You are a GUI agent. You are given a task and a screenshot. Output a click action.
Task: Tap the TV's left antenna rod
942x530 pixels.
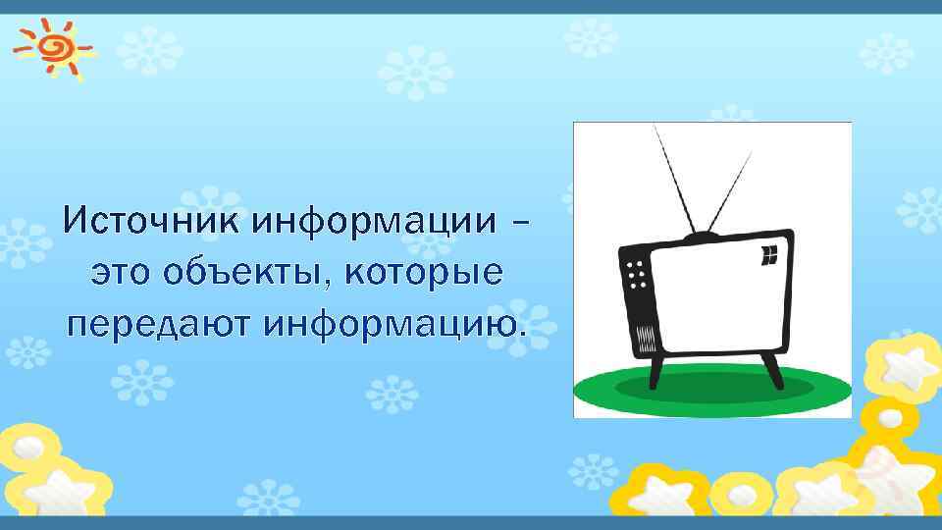676,182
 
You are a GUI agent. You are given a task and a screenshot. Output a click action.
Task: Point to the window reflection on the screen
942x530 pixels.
769,255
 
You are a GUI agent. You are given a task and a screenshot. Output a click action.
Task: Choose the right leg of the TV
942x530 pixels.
771,370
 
